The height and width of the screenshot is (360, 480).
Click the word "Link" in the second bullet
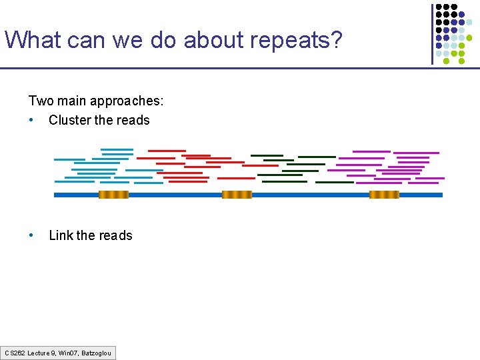pyautogui.click(x=61, y=235)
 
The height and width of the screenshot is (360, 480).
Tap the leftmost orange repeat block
pyautogui.click(x=113, y=195)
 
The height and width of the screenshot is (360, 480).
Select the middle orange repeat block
pyautogui.click(x=237, y=195)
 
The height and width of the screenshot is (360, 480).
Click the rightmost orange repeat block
pyautogui.click(x=384, y=195)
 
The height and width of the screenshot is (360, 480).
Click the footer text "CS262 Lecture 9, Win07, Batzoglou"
pyautogui.click(x=58, y=353)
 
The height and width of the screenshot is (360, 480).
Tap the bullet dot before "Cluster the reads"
pyautogui.click(x=31, y=120)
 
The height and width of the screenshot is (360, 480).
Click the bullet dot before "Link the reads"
pyautogui.click(x=31, y=235)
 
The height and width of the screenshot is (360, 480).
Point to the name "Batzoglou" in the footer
pyautogui.click(x=97, y=353)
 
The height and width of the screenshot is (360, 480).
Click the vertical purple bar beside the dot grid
pyautogui.click(x=432, y=33)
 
